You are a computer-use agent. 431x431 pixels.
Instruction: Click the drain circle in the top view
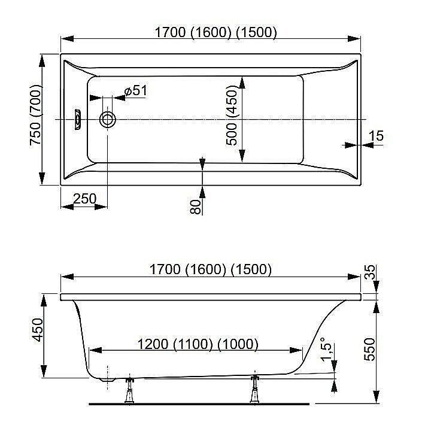pyautogui.click(x=108, y=120)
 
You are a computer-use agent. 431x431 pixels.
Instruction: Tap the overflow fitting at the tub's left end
pyautogui.click(x=78, y=119)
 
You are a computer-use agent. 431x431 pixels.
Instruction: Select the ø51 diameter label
pyautogui.click(x=136, y=91)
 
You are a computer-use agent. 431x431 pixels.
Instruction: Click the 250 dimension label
pyautogui.click(x=85, y=199)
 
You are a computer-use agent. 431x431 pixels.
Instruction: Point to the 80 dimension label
pyautogui.click(x=195, y=207)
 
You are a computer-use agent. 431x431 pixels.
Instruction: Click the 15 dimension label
pyautogui.click(x=376, y=136)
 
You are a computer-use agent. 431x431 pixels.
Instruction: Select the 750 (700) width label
pyautogui.click(x=36, y=115)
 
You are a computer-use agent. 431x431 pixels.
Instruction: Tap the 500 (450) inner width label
pyautogui.click(x=232, y=116)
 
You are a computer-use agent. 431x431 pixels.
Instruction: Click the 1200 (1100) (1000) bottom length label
pyautogui.click(x=198, y=344)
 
